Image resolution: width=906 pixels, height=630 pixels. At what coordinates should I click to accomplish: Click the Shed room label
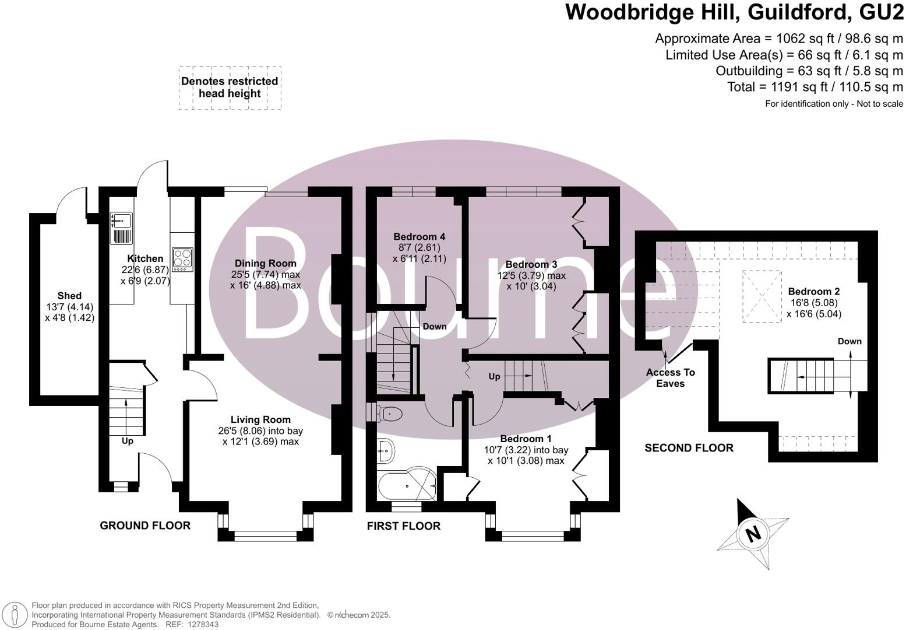pos(69,296)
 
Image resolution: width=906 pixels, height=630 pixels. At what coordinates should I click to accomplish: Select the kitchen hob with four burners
pos(182,258)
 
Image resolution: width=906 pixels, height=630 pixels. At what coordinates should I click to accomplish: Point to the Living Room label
pos(260,419)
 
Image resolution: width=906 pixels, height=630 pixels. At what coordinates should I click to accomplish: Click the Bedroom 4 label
pos(419,237)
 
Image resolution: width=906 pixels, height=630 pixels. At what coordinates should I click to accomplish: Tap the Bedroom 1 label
pos(526,439)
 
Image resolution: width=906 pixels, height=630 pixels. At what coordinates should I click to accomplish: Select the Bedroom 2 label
pos(814,292)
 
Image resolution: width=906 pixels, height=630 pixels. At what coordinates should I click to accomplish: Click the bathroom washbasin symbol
pos(386,450)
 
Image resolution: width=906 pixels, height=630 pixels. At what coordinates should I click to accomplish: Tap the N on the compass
pos(753,533)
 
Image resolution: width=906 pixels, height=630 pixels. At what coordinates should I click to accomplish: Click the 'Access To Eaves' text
pos(671,378)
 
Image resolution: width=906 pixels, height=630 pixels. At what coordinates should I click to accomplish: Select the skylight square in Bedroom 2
pos(761,296)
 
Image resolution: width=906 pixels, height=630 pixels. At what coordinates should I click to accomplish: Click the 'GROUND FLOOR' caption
pos(145,526)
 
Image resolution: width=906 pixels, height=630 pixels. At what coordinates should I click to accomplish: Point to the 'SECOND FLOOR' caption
pos(689,448)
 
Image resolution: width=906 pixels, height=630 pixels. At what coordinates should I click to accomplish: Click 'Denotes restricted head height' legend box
pos(230,87)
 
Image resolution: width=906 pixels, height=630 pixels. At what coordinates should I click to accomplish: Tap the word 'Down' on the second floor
pos(849,341)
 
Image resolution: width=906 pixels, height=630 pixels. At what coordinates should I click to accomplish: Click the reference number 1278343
pos(201,624)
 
